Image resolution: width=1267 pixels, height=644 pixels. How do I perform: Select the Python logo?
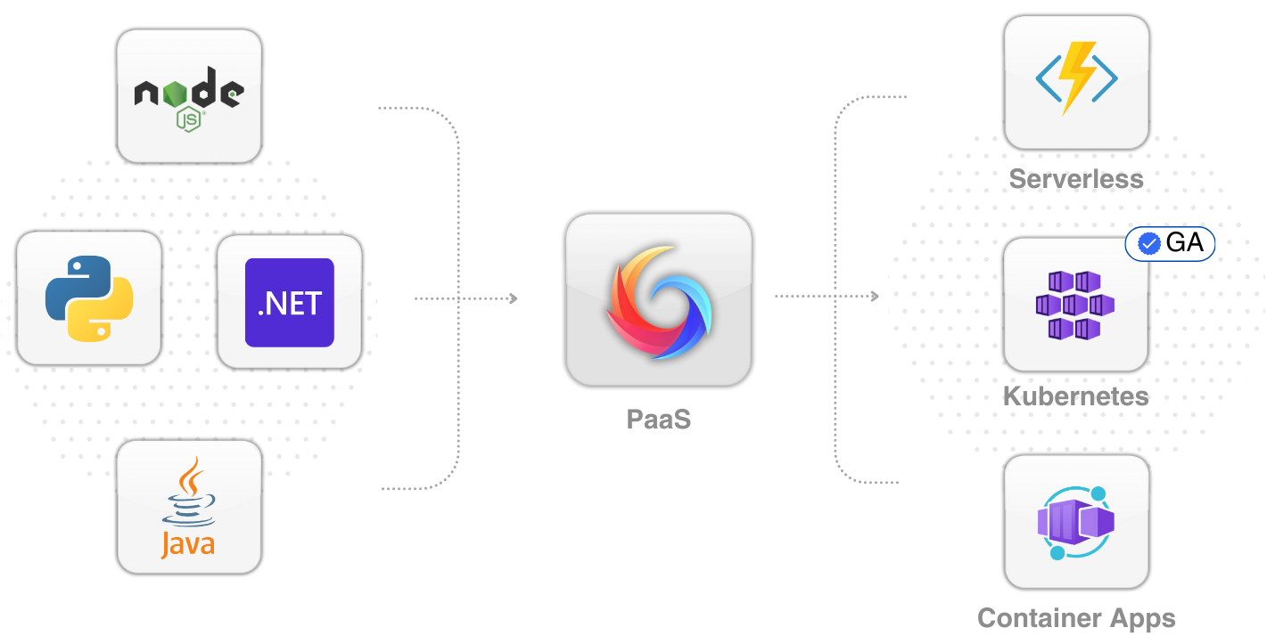89,298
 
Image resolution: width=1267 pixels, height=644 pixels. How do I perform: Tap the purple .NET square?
290,302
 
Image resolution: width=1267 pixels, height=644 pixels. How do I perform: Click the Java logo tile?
189,507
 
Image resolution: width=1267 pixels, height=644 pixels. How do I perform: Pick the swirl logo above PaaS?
658,302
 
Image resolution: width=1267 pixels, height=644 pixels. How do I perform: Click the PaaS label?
658,420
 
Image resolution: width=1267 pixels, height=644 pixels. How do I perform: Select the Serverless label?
1076,179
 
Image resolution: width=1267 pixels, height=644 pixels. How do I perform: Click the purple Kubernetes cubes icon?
1075,305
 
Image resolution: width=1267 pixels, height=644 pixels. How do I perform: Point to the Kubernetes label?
1076,396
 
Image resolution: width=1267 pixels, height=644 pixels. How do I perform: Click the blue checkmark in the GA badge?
1148,244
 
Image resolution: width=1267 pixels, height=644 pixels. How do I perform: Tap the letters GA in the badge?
1184,243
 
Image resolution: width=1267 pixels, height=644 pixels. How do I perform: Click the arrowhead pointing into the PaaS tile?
514,298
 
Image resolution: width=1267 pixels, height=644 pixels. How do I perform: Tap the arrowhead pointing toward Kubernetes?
875,296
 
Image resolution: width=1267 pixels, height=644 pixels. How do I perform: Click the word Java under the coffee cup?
188,543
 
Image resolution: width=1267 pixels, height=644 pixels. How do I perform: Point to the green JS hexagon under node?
188,119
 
